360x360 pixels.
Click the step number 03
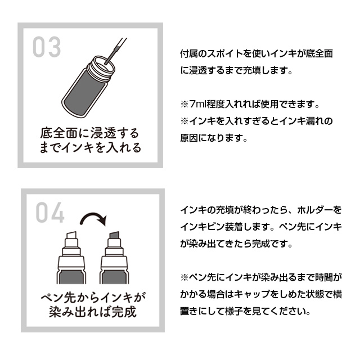pyautogui.click(x=46, y=48)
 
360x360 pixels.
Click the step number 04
pyautogui.click(x=50, y=213)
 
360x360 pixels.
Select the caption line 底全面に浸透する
pyautogui.click(x=90, y=134)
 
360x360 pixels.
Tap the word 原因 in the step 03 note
pyautogui.click(x=190, y=137)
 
